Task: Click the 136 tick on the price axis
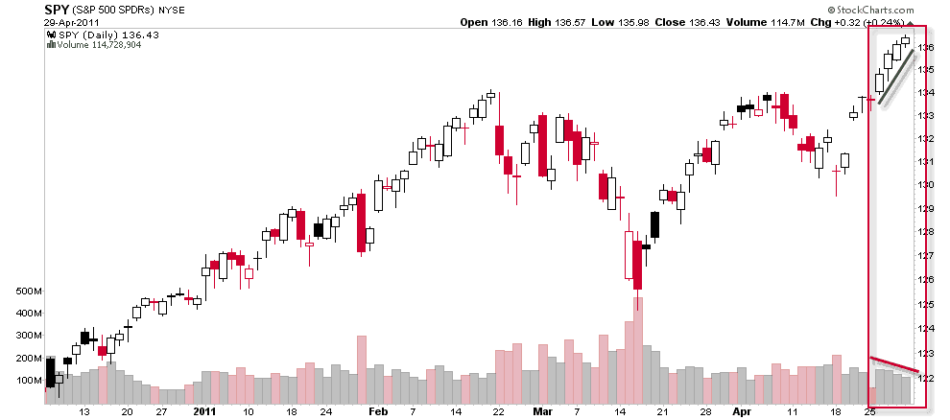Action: point(926,47)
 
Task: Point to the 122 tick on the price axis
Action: point(926,378)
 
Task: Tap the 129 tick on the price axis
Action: point(926,208)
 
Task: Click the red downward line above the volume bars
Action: point(894,363)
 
